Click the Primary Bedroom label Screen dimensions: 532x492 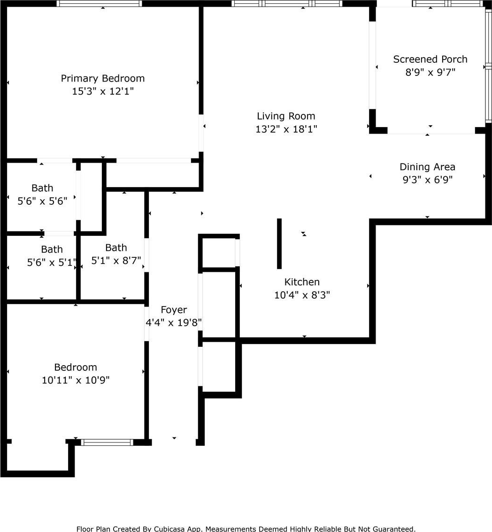click(x=103, y=78)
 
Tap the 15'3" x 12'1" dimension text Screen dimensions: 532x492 click(x=103, y=91)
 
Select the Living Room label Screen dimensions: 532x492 click(x=286, y=116)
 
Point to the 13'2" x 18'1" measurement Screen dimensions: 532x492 click(x=286, y=129)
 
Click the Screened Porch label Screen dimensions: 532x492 click(x=430, y=60)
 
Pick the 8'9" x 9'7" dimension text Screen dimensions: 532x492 click(x=430, y=73)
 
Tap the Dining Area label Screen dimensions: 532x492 click(x=427, y=167)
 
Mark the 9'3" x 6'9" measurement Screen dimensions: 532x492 click(x=427, y=180)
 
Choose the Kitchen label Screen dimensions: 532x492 click(x=302, y=282)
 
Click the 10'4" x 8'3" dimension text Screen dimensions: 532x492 click(x=302, y=295)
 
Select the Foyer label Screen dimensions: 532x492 click(x=174, y=310)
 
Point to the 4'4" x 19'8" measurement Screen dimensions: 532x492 click(x=174, y=323)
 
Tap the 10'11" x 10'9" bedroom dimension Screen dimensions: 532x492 click(x=76, y=380)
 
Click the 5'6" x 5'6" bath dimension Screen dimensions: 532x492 click(x=42, y=201)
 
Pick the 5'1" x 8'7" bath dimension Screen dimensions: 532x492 click(x=116, y=261)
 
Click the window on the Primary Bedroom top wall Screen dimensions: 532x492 click(x=99, y=4)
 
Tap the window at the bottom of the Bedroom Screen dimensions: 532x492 click(x=107, y=442)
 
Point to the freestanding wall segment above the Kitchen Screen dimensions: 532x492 click(x=279, y=244)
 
